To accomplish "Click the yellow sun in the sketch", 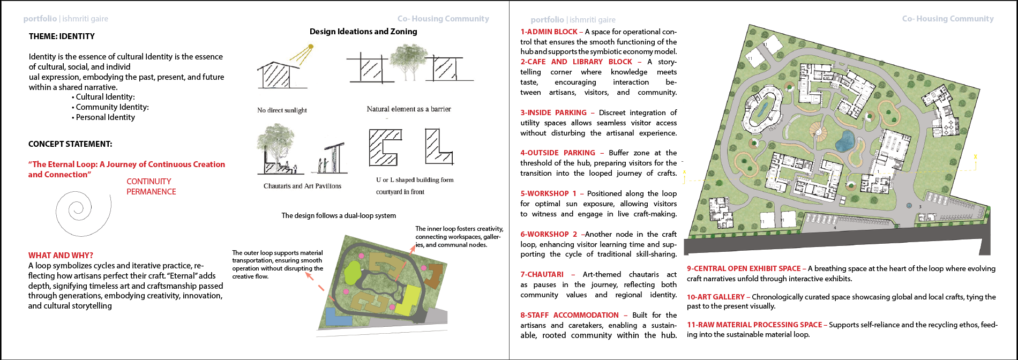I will [x=310, y=47].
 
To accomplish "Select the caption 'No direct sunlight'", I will [x=282, y=110].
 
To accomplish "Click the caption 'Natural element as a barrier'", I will [x=409, y=109].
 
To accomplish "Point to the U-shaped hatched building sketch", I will [x=384, y=147].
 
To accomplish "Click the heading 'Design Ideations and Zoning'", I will [x=363, y=32].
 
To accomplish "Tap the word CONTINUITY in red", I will [x=149, y=182].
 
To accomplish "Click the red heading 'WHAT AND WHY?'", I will [x=61, y=256].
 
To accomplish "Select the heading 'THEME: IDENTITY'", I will [x=62, y=36].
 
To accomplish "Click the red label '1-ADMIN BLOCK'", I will [x=549, y=32].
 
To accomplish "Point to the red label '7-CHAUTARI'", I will [x=542, y=275].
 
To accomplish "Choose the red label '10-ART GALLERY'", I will [x=716, y=297].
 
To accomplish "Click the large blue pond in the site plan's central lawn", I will [x=844, y=141].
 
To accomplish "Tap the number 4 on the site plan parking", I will [x=835, y=228].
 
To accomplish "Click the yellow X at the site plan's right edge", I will [x=975, y=157].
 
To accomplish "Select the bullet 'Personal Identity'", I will [x=105, y=117].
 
